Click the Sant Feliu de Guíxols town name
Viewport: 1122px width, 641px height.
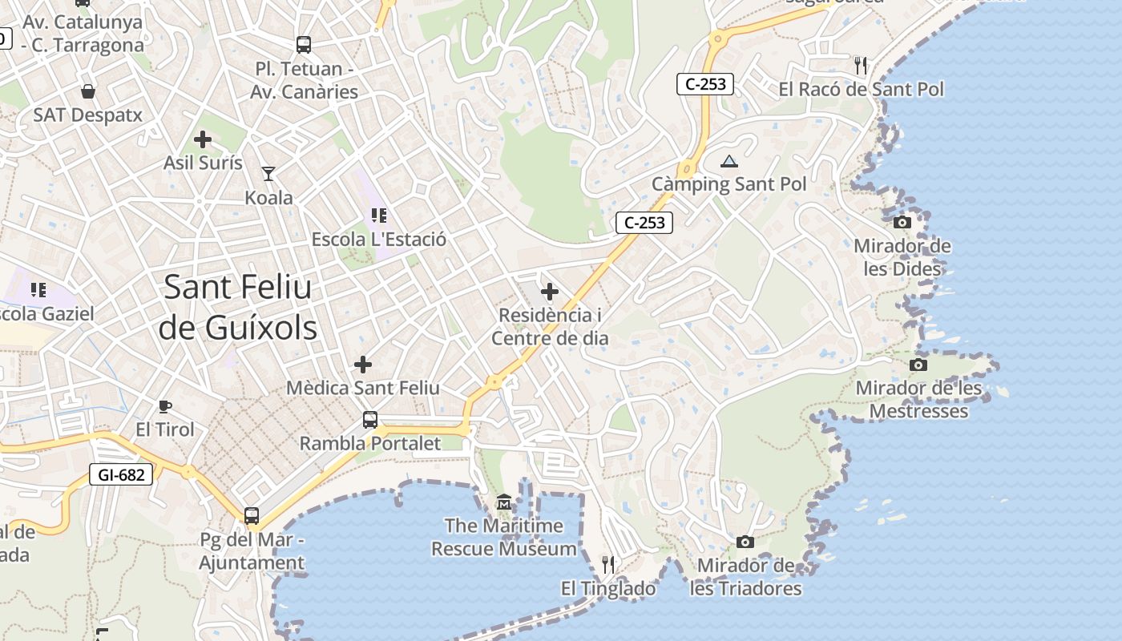tap(238, 307)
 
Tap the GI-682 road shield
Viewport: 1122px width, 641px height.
tap(121, 474)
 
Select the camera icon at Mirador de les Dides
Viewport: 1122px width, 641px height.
tap(902, 222)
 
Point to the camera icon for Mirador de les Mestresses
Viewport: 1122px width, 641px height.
tap(918, 365)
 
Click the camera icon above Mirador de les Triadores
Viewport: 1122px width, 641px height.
tap(745, 542)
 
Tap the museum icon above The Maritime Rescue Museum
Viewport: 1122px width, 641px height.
tap(504, 502)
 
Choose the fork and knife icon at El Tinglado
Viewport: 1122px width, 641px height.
tap(608, 564)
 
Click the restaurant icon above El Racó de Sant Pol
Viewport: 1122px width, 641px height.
tap(861, 64)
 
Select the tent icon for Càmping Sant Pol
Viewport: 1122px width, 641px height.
tap(728, 161)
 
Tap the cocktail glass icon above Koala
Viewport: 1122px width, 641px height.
tap(268, 173)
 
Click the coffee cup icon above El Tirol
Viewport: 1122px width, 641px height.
tap(165, 406)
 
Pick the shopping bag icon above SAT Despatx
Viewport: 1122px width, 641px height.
tap(88, 91)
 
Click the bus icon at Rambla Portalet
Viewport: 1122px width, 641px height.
tap(370, 419)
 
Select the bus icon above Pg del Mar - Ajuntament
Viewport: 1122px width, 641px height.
tap(252, 516)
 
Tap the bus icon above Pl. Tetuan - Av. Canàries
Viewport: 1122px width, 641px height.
tap(304, 45)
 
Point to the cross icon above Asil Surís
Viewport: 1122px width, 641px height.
tap(203, 139)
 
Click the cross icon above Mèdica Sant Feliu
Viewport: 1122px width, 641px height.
tap(363, 365)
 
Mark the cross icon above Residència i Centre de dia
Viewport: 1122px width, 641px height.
tap(550, 292)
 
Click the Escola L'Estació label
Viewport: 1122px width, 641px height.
tap(379, 239)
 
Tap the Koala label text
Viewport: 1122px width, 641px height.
tap(268, 197)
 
